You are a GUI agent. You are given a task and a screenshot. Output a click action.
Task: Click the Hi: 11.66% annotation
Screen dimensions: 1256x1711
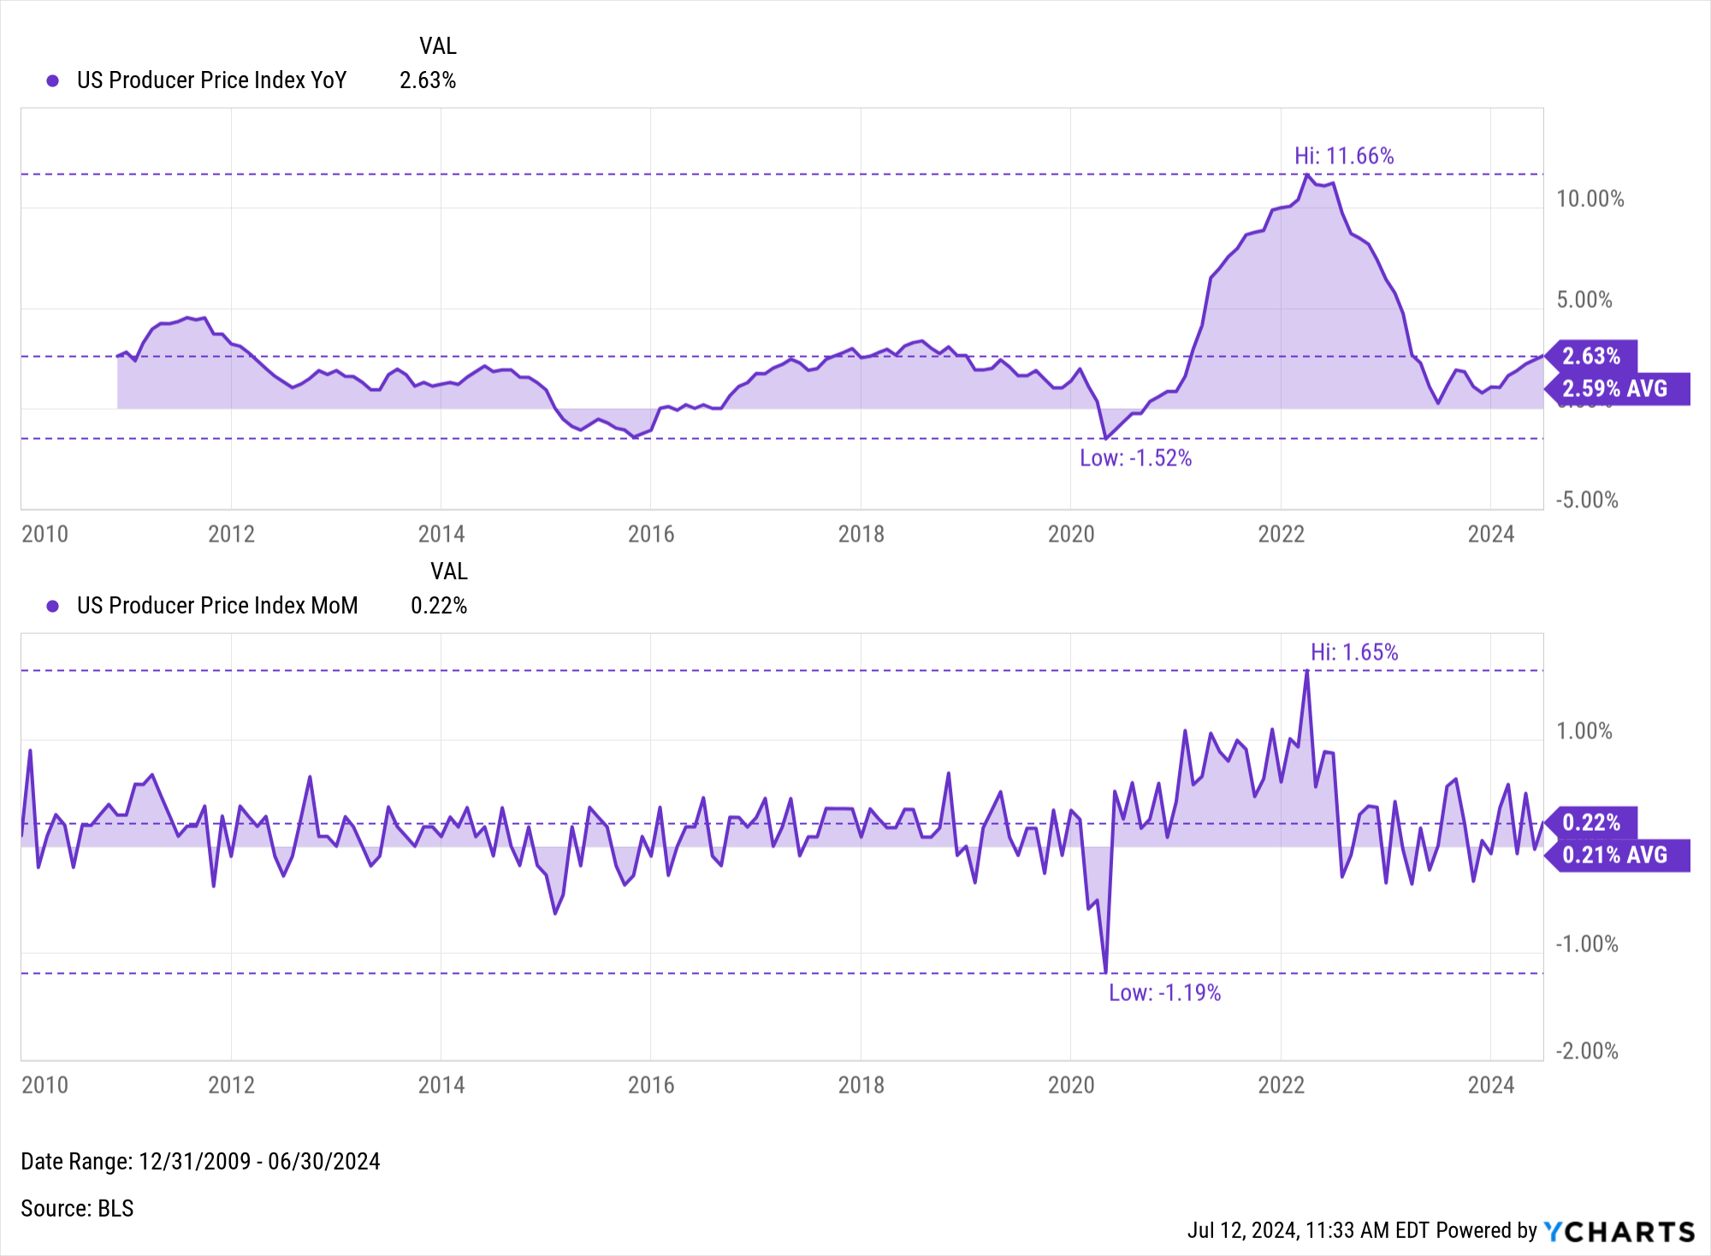(1343, 156)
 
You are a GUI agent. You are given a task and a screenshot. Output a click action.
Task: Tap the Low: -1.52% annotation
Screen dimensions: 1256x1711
(1135, 458)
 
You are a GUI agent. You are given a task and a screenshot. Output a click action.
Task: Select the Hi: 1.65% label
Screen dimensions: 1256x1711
(1353, 652)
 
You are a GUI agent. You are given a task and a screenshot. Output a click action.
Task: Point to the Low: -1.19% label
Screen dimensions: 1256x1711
(1164, 992)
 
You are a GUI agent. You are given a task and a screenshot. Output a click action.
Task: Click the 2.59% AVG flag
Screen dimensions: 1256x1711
(1615, 388)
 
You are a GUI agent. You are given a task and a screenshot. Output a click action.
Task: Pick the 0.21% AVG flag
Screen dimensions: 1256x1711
(1615, 855)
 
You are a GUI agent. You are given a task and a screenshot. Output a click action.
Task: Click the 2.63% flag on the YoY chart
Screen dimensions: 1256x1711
(1591, 356)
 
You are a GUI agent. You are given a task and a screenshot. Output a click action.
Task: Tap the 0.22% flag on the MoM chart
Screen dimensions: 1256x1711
(1591, 822)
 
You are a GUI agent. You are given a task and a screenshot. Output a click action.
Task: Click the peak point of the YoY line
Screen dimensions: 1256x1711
(1306, 175)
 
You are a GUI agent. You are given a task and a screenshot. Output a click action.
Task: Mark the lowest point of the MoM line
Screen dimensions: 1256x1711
(1105, 972)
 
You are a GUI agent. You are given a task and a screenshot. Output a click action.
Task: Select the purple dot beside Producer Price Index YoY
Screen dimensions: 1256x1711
(53, 80)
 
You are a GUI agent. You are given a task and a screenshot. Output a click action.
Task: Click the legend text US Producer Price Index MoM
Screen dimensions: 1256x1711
(217, 606)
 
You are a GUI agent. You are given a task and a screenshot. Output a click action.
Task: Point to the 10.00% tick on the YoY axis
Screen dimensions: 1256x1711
(1590, 199)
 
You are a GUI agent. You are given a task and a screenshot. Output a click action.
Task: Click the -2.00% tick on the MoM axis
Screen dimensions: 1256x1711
(1586, 1051)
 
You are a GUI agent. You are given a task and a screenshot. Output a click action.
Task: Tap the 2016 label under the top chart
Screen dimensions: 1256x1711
(651, 534)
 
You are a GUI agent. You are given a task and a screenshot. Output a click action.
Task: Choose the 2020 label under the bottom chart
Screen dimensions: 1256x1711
(1071, 1085)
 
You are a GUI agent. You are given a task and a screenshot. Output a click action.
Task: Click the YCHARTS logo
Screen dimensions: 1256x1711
(1619, 1231)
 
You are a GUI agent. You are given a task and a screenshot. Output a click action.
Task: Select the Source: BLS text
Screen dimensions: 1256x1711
(77, 1208)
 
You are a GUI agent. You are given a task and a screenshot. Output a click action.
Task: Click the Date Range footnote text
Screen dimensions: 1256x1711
(200, 1161)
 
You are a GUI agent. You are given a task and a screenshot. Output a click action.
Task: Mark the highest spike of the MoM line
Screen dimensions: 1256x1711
(1306, 672)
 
